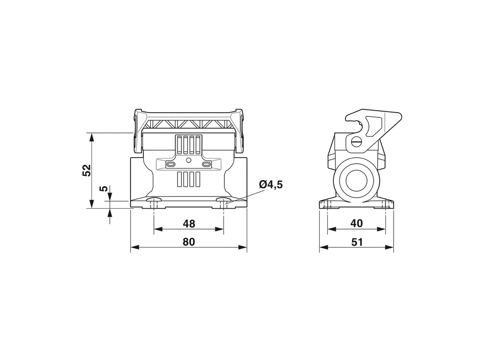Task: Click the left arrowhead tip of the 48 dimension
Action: click(x=154, y=229)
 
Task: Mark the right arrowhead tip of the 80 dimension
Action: click(x=247, y=247)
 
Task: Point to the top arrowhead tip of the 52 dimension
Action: click(x=91, y=133)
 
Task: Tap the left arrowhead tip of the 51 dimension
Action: click(x=320, y=247)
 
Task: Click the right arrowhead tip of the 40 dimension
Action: click(x=385, y=229)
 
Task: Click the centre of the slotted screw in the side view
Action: click(x=358, y=142)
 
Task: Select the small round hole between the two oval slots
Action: click(x=189, y=160)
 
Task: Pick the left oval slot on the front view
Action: click(x=171, y=165)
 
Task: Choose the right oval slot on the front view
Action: click(x=206, y=165)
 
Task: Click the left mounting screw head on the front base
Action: click(x=154, y=200)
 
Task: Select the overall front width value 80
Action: click(x=189, y=242)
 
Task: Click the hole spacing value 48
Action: click(x=189, y=224)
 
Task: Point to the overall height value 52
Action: click(x=87, y=170)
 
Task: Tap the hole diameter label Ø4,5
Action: click(x=271, y=185)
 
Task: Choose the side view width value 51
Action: click(x=357, y=242)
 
